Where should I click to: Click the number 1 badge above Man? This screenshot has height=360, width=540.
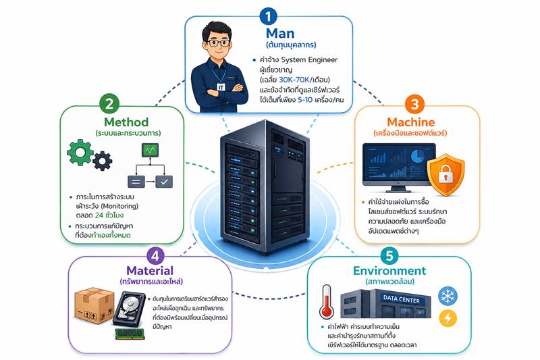click(269, 16)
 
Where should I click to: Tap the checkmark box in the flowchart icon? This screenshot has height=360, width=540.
click(164, 181)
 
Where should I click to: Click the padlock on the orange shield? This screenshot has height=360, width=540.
click(448, 175)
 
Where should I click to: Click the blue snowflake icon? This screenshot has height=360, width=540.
click(448, 295)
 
